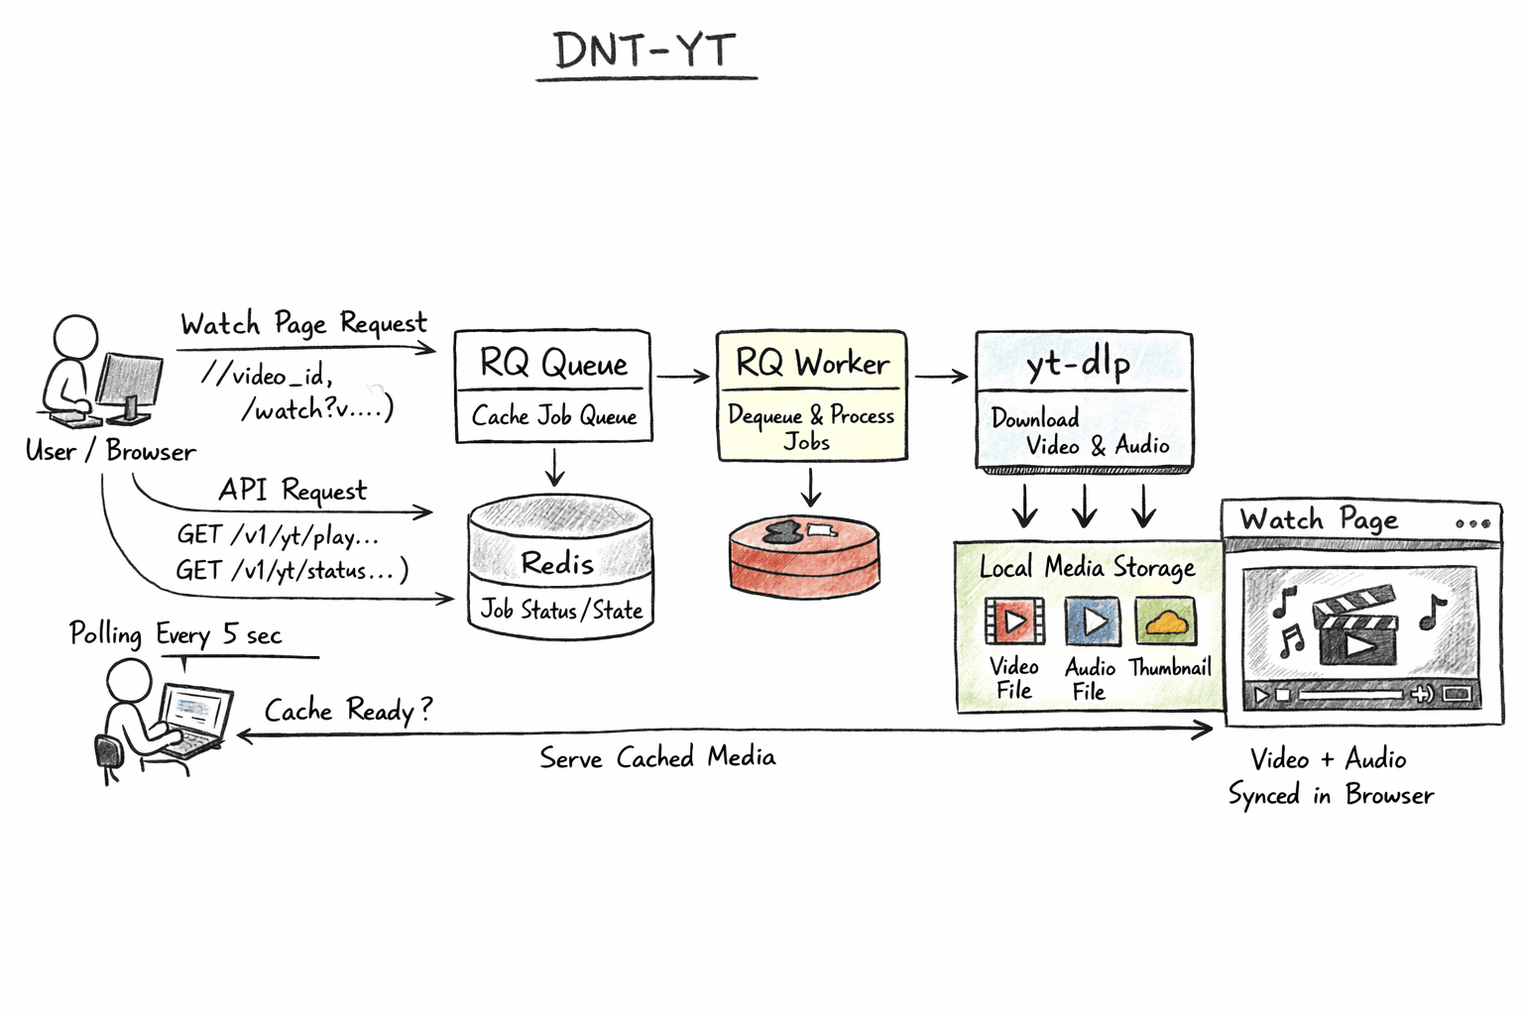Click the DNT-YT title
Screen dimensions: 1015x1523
(x=645, y=51)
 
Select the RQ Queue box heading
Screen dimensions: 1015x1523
(x=553, y=363)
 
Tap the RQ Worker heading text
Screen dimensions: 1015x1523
(x=812, y=363)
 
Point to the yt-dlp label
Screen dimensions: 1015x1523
(x=1079, y=364)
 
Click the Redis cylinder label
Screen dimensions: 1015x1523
(x=557, y=563)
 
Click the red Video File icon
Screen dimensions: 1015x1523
(x=1013, y=621)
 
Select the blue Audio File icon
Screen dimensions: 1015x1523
(x=1092, y=621)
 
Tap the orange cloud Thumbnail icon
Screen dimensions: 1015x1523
(x=1165, y=621)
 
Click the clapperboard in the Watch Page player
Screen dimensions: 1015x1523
(x=1355, y=628)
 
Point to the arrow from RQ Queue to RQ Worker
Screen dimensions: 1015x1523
(x=683, y=377)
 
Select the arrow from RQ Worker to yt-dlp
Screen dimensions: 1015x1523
(x=941, y=377)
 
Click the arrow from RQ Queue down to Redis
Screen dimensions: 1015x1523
(x=554, y=467)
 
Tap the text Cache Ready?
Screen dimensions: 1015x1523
(x=348, y=710)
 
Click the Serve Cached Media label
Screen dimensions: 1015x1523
(x=657, y=758)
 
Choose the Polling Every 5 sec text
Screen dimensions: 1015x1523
(x=176, y=634)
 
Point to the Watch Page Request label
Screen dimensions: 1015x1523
(x=303, y=324)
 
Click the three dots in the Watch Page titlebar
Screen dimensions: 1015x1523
(x=1472, y=523)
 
